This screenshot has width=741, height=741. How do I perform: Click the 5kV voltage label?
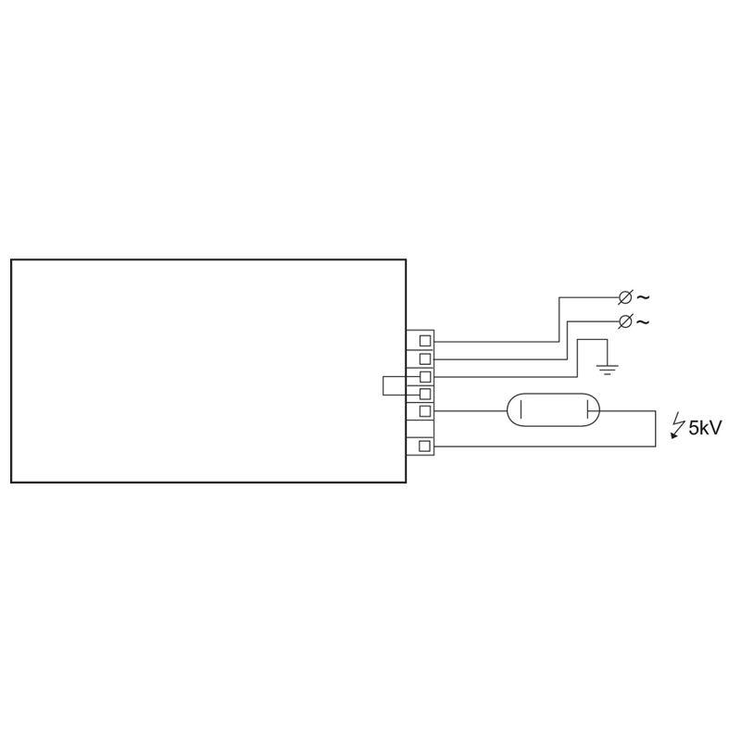pos(705,428)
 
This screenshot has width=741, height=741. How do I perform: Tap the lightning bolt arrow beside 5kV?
pos(678,425)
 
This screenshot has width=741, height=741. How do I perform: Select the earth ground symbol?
pos(608,370)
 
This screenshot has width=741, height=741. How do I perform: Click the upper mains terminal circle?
pos(624,297)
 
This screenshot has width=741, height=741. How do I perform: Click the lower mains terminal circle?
pos(624,321)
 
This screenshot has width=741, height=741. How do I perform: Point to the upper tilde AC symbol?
pos(643,297)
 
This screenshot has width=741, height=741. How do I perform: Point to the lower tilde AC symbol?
pos(643,321)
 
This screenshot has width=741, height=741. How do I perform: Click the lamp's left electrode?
pos(521,410)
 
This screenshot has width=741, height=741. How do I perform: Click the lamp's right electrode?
pos(587,410)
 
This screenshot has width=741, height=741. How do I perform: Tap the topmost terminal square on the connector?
pos(425,340)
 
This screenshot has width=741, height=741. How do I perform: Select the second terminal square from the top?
pos(425,358)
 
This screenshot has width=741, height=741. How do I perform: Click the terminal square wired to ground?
pos(425,377)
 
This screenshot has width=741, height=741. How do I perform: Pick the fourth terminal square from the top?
pos(425,394)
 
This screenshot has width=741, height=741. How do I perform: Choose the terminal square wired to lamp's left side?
pos(425,411)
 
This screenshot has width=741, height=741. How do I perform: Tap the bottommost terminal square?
pos(425,446)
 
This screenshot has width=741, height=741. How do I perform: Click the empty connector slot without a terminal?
pos(421,428)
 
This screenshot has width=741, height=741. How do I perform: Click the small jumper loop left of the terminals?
pos(383,385)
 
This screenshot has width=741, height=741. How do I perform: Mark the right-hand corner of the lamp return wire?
pos(655,446)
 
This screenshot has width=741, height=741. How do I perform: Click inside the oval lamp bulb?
pos(553,410)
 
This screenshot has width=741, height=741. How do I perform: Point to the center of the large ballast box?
pos(208,371)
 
